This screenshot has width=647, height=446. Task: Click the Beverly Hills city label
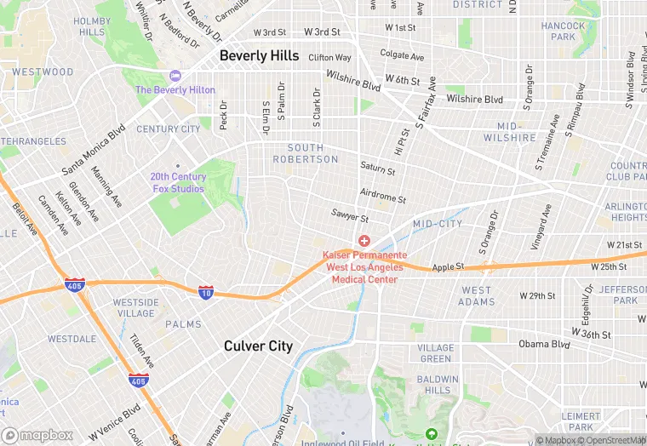coord(259,55)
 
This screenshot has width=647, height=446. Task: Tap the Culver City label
coord(258,346)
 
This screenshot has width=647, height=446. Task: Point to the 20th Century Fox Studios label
coord(177,182)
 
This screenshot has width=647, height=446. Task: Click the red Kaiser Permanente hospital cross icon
coord(364,242)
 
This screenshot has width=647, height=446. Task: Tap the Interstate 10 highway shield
coord(206,292)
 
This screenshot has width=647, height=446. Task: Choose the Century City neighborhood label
coord(169,129)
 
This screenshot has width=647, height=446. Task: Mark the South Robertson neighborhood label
coord(306,153)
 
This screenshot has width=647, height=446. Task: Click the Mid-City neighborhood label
coord(438,224)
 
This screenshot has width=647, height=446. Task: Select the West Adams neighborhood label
coord(477,295)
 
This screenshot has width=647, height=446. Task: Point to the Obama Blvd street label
coord(545,345)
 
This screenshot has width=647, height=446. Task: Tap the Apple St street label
coord(448,266)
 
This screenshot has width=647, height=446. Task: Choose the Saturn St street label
coord(377,169)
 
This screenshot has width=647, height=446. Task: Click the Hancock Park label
coord(563,31)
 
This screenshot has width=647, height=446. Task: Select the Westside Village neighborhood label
coord(135,307)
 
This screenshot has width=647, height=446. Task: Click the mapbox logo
coord(37,435)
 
